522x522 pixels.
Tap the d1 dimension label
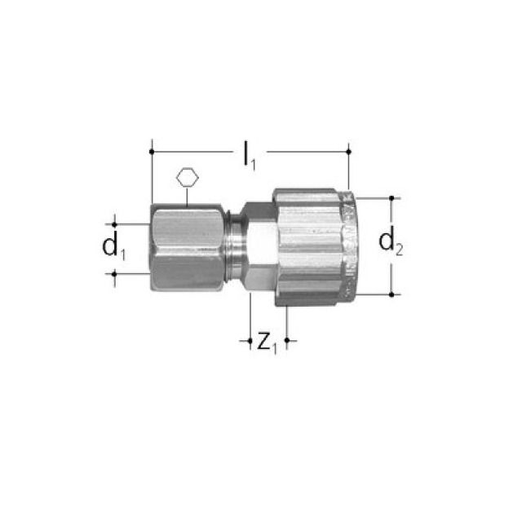click(x=113, y=247)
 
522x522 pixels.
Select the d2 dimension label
click(x=392, y=242)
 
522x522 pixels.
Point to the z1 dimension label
click(x=268, y=342)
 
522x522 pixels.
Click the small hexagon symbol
click(x=187, y=176)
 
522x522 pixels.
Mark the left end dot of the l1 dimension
click(x=151, y=151)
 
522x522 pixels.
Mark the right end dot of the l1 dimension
click(x=348, y=151)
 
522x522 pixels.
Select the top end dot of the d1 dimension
click(x=115, y=223)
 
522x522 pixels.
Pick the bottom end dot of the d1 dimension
click(x=115, y=274)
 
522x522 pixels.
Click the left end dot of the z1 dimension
click(x=250, y=340)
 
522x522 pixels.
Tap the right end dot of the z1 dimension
click(x=286, y=340)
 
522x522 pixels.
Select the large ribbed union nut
click(x=310, y=246)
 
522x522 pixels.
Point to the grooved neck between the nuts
click(x=234, y=246)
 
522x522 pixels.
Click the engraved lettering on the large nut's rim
click(x=346, y=245)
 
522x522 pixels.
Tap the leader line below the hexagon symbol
click(x=187, y=196)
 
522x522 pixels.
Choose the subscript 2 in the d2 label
click(x=400, y=250)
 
